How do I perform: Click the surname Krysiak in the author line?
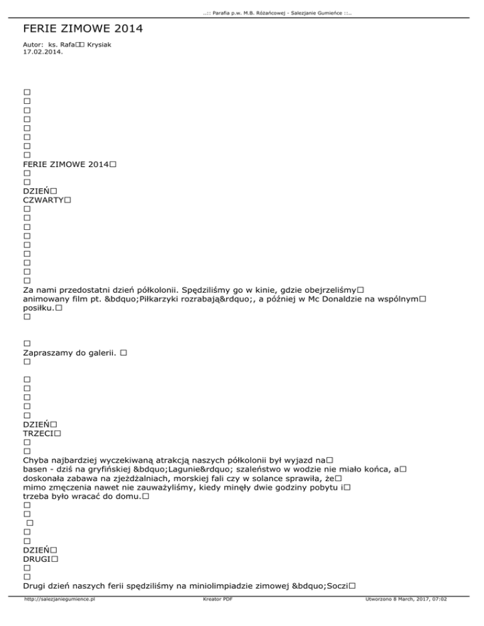(102, 45)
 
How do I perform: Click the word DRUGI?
(36, 559)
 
